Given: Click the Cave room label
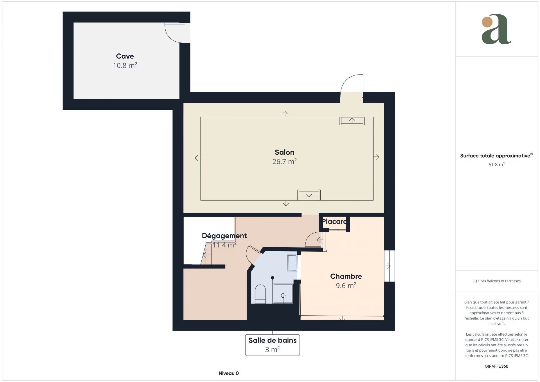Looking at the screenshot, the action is pos(125,56).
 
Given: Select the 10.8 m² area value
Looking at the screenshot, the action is pos(125,65).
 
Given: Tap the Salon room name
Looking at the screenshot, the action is pos(284,152).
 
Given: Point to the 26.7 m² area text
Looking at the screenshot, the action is pos(284,161).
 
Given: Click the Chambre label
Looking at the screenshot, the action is pos(346,276).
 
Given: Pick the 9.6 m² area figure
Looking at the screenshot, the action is pos(346,286).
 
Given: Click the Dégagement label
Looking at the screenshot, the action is pos(224,236).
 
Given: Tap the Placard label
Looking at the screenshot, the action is pos(334,221).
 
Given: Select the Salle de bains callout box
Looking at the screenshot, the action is pos(272,345).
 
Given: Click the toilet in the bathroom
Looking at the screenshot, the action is pos(260,294).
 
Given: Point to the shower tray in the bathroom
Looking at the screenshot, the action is pos(283,294).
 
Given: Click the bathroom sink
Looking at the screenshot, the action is pos(292,263).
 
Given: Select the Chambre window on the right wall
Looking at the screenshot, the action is pos(389,266).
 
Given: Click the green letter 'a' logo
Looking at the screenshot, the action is pos(496,29).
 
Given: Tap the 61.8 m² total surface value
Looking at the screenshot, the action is pos(496,165).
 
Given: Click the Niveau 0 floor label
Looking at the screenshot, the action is pos(229,373).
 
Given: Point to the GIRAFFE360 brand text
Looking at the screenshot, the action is pos(496,366).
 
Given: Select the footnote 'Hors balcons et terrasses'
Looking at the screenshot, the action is pos(496,281).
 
